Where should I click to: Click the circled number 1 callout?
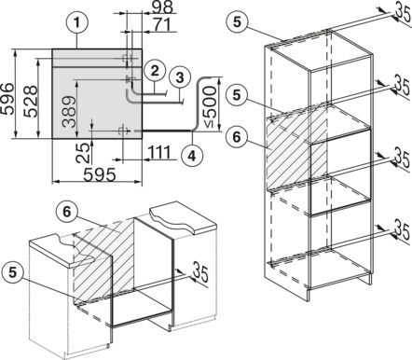point(77,22)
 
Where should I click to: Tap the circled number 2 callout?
point(155,71)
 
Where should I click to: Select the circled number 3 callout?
point(180,77)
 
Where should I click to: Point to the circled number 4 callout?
point(193,155)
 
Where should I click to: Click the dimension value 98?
point(163,7)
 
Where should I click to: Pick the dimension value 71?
point(160,24)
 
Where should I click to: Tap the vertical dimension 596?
point(7,99)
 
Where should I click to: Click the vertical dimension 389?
point(69,112)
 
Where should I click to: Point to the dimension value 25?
point(83,154)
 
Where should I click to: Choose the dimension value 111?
point(159,152)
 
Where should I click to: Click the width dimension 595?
point(100,175)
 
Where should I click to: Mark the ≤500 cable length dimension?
point(211,106)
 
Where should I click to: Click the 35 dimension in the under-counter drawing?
point(200,271)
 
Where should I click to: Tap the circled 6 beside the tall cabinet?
point(237,136)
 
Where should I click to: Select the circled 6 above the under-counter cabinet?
point(67,212)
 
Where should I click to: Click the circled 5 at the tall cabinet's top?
point(237,22)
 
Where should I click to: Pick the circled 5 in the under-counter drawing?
point(13,272)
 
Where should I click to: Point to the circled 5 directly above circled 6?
point(237,95)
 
